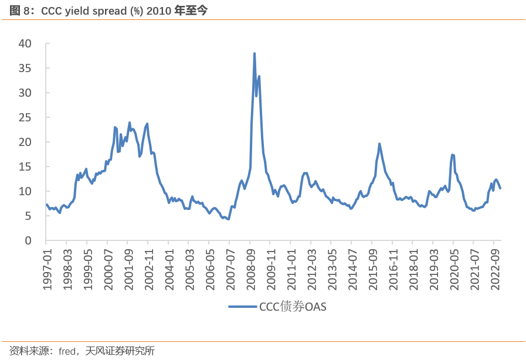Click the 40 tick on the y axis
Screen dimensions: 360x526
pyautogui.click(x=25, y=43)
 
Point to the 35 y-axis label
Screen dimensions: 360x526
pyautogui.click(x=25, y=68)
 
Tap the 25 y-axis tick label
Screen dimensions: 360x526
pyautogui.click(x=25, y=117)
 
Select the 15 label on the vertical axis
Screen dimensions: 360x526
pyautogui.click(x=25, y=167)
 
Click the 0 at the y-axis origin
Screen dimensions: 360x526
pyautogui.click(x=28, y=240)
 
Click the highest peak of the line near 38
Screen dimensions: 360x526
pyautogui.click(x=254, y=53)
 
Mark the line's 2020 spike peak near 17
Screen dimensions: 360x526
pyautogui.click(x=453, y=155)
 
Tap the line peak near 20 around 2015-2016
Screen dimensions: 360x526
pyautogui.click(x=379, y=144)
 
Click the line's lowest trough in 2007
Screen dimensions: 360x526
pyautogui.click(x=228, y=219)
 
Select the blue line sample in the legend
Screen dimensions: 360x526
pyautogui.click(x=242, y=307)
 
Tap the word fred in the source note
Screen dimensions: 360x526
pyautogui.click(x=67, y=351)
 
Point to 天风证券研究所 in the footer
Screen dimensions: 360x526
pyautogui.click(x=120, y=351)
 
